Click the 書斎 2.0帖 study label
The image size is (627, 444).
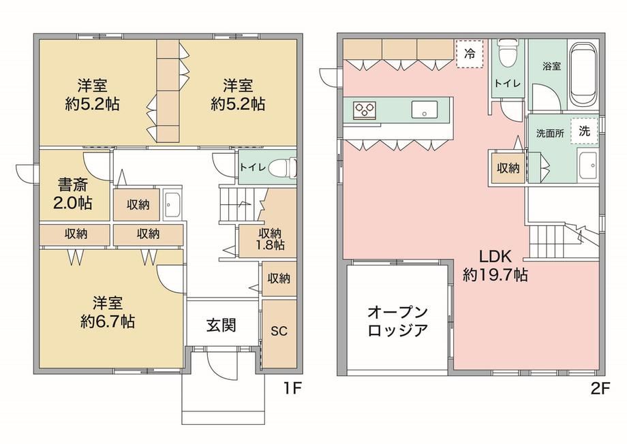click(x=72, y=194)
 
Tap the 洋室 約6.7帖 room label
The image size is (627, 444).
click(x=107, y=312)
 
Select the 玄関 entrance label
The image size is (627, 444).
click(x=221, y=326)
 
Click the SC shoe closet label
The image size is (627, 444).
click(x=279, y=331)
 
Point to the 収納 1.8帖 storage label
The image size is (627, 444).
click(x=270, y=238)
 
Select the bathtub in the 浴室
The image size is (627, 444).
click(x=583, y=74)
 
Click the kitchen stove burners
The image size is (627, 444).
click(x=365, y=109)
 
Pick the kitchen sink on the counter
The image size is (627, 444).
click(x=425, y=109)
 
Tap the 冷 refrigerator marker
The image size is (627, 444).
click(x=470, y=54)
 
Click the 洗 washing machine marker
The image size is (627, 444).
click(x=584, y=131)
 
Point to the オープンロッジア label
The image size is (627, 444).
click(x=397, y=321)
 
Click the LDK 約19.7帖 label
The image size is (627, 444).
click(x=495, y=266)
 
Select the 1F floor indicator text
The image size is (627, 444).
click(x=292, y=388)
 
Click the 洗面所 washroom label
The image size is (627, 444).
click(x=550, y=133)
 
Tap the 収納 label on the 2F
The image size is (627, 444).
click(x=508, y=168)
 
